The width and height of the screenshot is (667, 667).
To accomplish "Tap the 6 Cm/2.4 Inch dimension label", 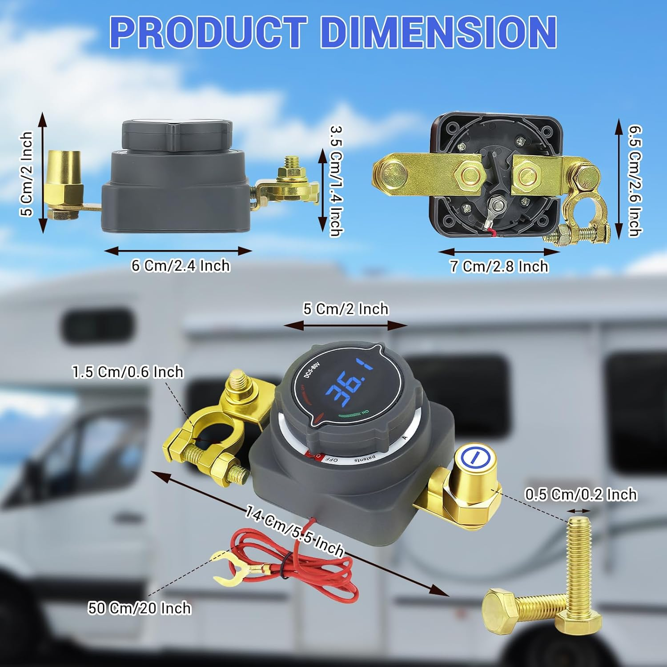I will pos(181,266).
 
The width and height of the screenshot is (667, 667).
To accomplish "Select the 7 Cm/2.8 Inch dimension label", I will pos(499,266).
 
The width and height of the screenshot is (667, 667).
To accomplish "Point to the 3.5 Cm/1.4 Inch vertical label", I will pos(336,181).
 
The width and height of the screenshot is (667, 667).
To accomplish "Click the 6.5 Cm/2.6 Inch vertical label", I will pos(635,180).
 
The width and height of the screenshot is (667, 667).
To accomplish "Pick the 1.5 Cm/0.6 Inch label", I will pos(128,372).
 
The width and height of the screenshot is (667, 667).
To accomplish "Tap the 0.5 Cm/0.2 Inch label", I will pos(581,494).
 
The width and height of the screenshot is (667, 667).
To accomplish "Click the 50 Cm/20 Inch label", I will pos(139,608).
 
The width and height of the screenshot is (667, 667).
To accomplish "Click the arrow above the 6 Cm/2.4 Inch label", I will pos(178,251).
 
